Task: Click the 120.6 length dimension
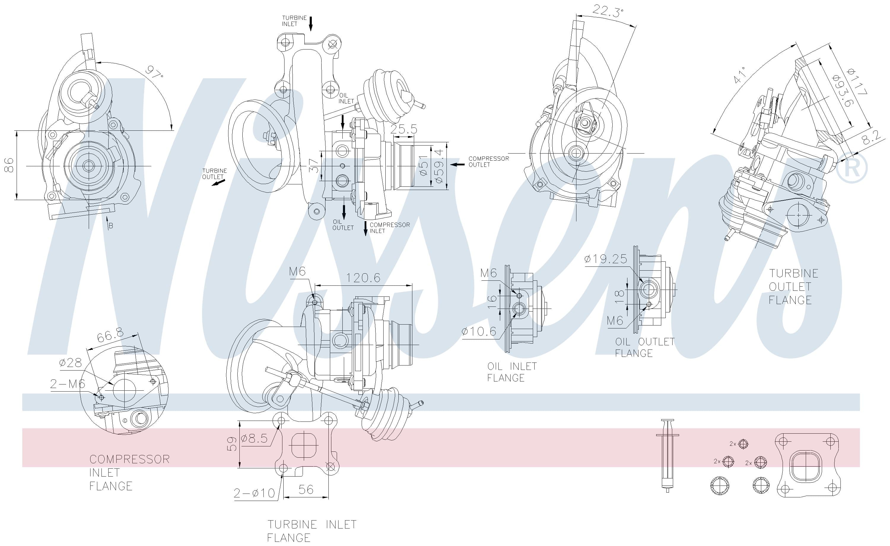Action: pos(363,278)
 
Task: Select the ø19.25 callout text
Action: pos(605,258)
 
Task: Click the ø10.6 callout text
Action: pos(479,331)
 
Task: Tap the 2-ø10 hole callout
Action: pos(254,493)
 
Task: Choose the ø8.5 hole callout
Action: pos(254,438)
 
